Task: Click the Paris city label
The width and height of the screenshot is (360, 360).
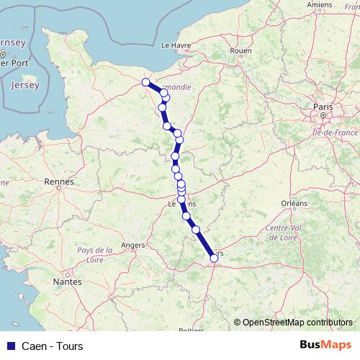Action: click(321, 107)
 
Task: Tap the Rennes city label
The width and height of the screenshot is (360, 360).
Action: click(59, 182)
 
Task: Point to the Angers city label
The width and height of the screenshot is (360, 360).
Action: click(133, 245)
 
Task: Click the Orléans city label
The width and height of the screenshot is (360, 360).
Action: click(294, 204)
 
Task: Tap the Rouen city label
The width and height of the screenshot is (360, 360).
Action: click(240, 51)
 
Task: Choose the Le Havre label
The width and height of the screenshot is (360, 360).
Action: click(175, 45)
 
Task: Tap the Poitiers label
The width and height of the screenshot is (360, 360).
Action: click(192, 330)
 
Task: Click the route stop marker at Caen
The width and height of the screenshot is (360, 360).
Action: click(146, 82)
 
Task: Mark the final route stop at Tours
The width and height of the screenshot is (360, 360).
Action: click(214, 258)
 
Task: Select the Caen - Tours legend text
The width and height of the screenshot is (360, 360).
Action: click(53, 346)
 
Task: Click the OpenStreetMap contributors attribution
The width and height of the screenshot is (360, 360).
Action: click(297, 322)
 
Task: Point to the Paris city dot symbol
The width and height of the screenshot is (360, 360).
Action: click(325, 114)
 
